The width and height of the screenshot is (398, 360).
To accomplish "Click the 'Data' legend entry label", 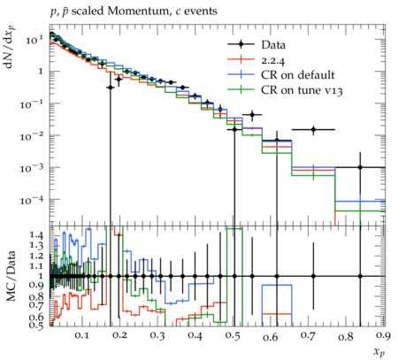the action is (x=273, y=45).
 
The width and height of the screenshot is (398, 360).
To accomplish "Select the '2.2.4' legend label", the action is (x=273, y=60).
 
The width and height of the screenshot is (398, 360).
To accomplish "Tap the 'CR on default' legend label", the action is (x=298, y=75).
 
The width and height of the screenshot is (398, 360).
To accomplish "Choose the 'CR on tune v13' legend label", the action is (x=302, y=90).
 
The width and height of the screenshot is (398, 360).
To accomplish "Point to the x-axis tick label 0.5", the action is (x=233, y=335).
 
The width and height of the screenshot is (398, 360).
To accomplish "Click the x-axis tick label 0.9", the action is (x=383, y=335).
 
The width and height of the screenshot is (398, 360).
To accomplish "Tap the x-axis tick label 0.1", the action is (x=81, y=335).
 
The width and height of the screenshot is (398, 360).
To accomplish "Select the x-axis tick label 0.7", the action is (x=309, y=335).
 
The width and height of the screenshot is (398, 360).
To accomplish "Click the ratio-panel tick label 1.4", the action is (x=36, y=235).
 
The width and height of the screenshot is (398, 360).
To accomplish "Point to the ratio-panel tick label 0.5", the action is (x=36, y=325).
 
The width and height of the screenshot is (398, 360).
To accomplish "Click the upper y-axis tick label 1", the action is (x=42, y=72).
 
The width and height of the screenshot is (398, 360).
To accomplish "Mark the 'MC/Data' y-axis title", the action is (x=11, y=276).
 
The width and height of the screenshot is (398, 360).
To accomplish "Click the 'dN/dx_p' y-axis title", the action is (x=11, y=47).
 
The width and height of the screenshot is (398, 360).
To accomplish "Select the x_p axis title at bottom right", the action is (x=379, y=351).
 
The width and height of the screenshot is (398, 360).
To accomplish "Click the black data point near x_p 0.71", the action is (x=313, y=129).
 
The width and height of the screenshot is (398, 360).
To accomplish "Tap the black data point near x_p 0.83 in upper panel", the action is (x=360, y=167).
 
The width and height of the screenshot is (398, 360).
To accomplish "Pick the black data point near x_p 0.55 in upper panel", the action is (x=252, y=115).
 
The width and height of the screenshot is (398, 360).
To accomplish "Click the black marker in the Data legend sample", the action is (x=241, y=44).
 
